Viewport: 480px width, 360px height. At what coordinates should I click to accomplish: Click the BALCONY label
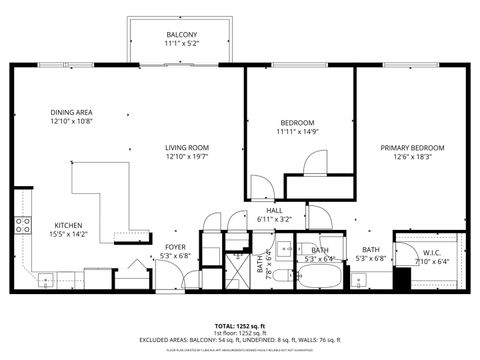[181, 33]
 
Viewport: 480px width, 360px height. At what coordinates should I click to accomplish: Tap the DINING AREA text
[71, 112]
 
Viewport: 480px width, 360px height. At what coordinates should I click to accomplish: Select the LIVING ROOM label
[187, 147]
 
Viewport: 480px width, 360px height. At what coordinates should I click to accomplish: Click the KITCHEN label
[68, 225]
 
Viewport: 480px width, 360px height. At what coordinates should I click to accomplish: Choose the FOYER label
[175, 245]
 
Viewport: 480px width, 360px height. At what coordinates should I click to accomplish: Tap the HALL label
[265, 210]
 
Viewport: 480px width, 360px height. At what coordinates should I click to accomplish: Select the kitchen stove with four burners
[22, 226]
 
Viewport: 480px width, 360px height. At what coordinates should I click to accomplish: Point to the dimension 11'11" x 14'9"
[297, 131]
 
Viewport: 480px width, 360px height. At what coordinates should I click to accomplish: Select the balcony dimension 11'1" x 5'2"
[181, 43]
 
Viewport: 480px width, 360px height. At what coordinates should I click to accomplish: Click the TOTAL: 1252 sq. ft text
[240, 326]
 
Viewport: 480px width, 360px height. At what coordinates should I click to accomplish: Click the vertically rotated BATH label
[260, 265]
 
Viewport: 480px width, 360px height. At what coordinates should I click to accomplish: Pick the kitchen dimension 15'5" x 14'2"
[68, 234]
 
